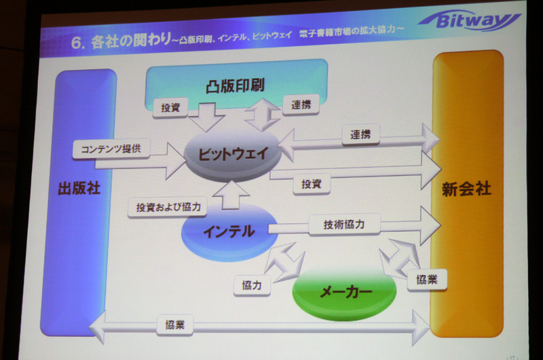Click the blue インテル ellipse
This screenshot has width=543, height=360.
228,231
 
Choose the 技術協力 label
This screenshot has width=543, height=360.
345,224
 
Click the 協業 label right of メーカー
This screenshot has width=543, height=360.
427,279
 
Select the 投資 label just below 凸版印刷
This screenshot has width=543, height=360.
170,107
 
